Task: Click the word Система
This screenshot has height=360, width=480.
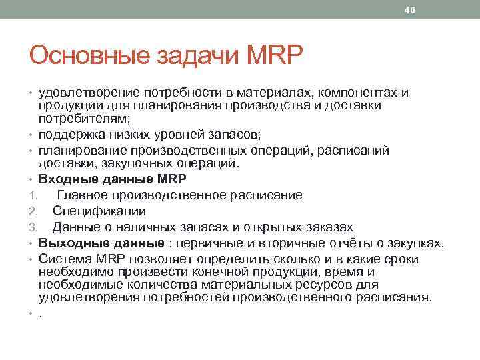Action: point(62,259)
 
